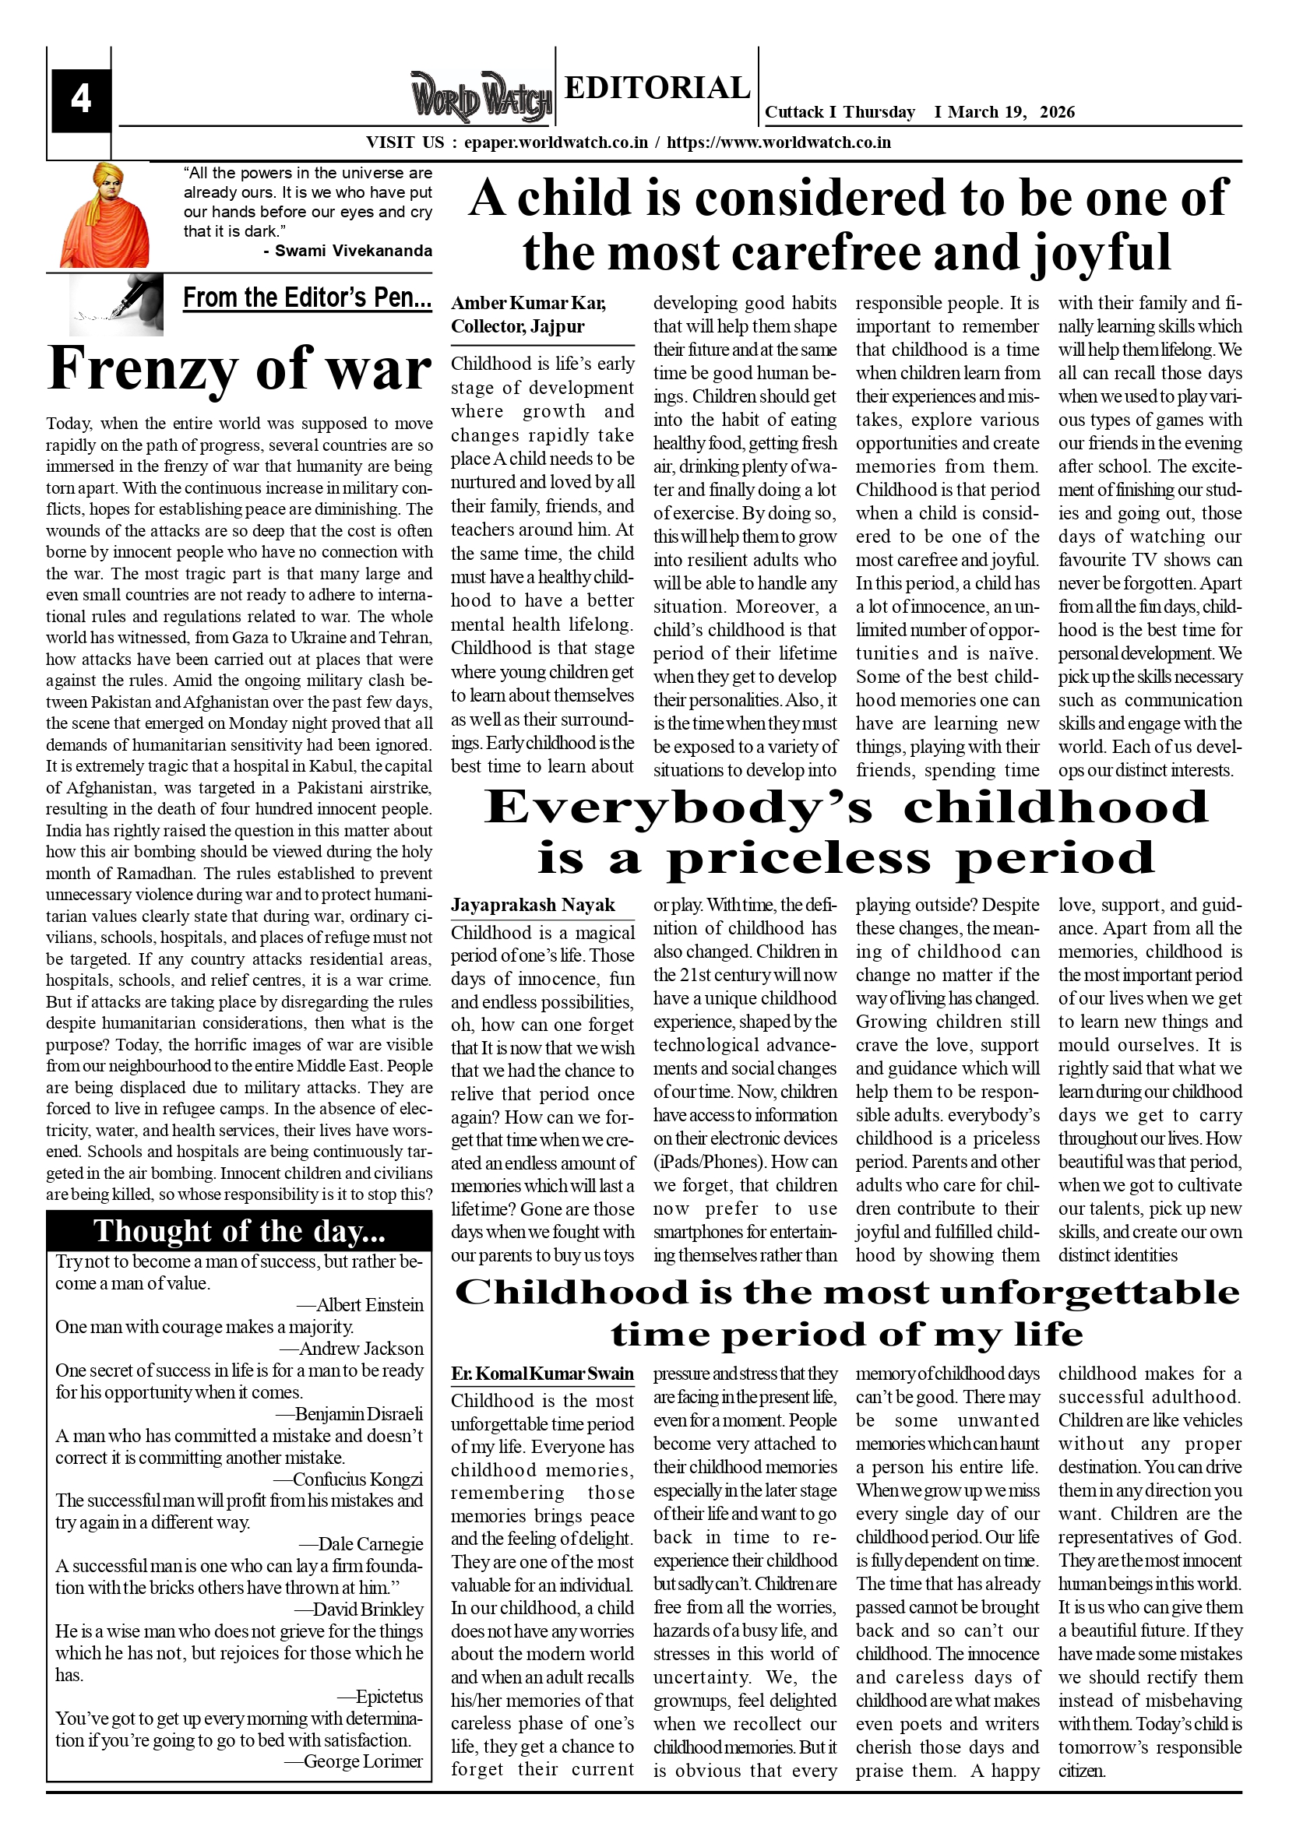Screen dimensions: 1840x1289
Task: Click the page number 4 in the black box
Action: (x=80, y=100)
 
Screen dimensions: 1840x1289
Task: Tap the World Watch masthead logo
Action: (x=481, y=97)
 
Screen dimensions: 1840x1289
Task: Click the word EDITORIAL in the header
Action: (x=657, y=87)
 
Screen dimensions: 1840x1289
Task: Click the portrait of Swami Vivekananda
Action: (x=104, y=215)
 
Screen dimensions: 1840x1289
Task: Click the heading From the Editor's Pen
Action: (x=307, y=298)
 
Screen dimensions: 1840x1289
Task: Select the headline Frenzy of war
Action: (x=240, y=368)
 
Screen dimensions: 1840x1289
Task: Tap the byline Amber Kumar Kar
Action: (x=528, y=303)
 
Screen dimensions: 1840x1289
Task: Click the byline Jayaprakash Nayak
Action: (x=532, y=905)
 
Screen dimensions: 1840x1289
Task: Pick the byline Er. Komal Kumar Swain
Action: (x=542, y=1374)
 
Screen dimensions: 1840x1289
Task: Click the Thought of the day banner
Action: (x=239, y=1231)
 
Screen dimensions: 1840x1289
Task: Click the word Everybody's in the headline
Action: (x=679, y=807)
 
